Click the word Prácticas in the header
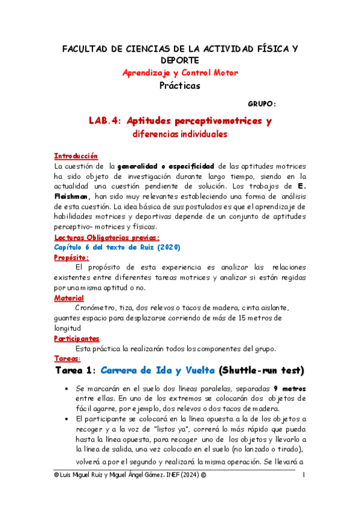[x=180, y=85]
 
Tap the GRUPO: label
[x=262, y=103]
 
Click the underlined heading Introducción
[x=76, y=155]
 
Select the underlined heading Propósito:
[x=71, y=257]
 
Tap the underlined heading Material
[x=69, y=298]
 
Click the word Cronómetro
[x=98, y=307]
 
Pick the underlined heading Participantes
[x=77, y=339]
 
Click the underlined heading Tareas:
[x=67, y=359]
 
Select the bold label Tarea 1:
[x=75, y=371]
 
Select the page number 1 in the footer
[x=304, y=476]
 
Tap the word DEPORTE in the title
[x=180, y=60]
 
